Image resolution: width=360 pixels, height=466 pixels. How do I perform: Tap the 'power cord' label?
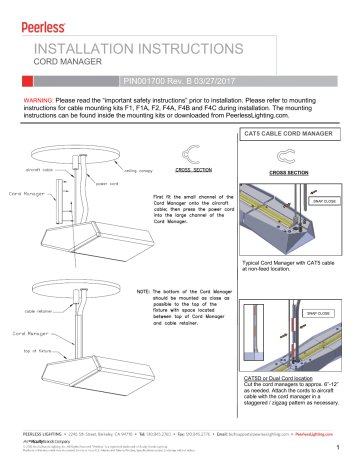(x=108, y=184)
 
